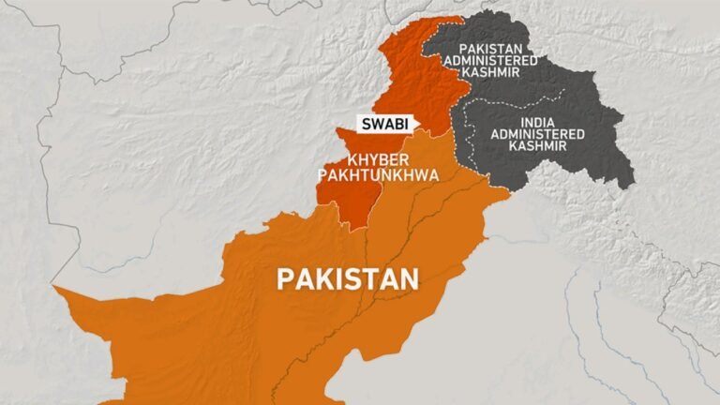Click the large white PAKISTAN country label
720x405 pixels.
347,278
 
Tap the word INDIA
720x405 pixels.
537,120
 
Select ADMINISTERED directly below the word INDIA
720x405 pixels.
537,134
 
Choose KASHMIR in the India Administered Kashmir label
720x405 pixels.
537,148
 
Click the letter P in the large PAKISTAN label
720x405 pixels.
282,278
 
